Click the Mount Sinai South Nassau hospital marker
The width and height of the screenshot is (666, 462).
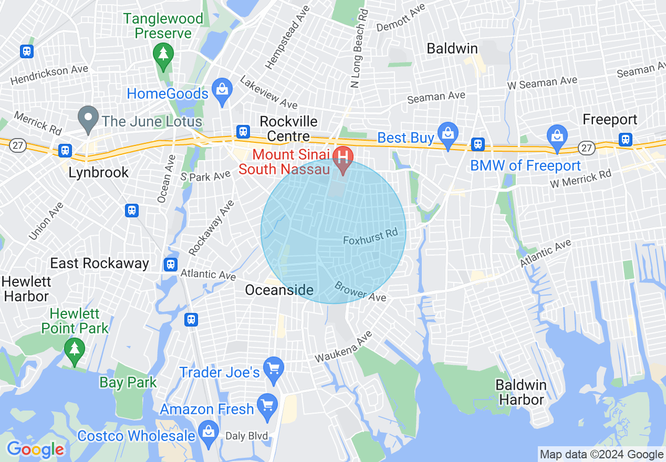pos(344,157)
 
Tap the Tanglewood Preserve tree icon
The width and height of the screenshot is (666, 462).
pos(163,54)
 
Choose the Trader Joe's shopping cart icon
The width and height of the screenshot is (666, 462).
pos(273,367)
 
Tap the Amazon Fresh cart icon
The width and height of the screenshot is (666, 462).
pos(268,405)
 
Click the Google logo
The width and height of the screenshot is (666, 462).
pos(36,449)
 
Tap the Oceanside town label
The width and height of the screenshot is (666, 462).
pos(279,290)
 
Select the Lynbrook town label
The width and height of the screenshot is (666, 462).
pos(99,172)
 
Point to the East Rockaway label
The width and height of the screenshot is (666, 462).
pos(99,263)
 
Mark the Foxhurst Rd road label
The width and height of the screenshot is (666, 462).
pos(370,236)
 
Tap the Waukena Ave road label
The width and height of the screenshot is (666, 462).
pos(344,347)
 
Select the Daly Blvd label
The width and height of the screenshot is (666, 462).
pos(246,436)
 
